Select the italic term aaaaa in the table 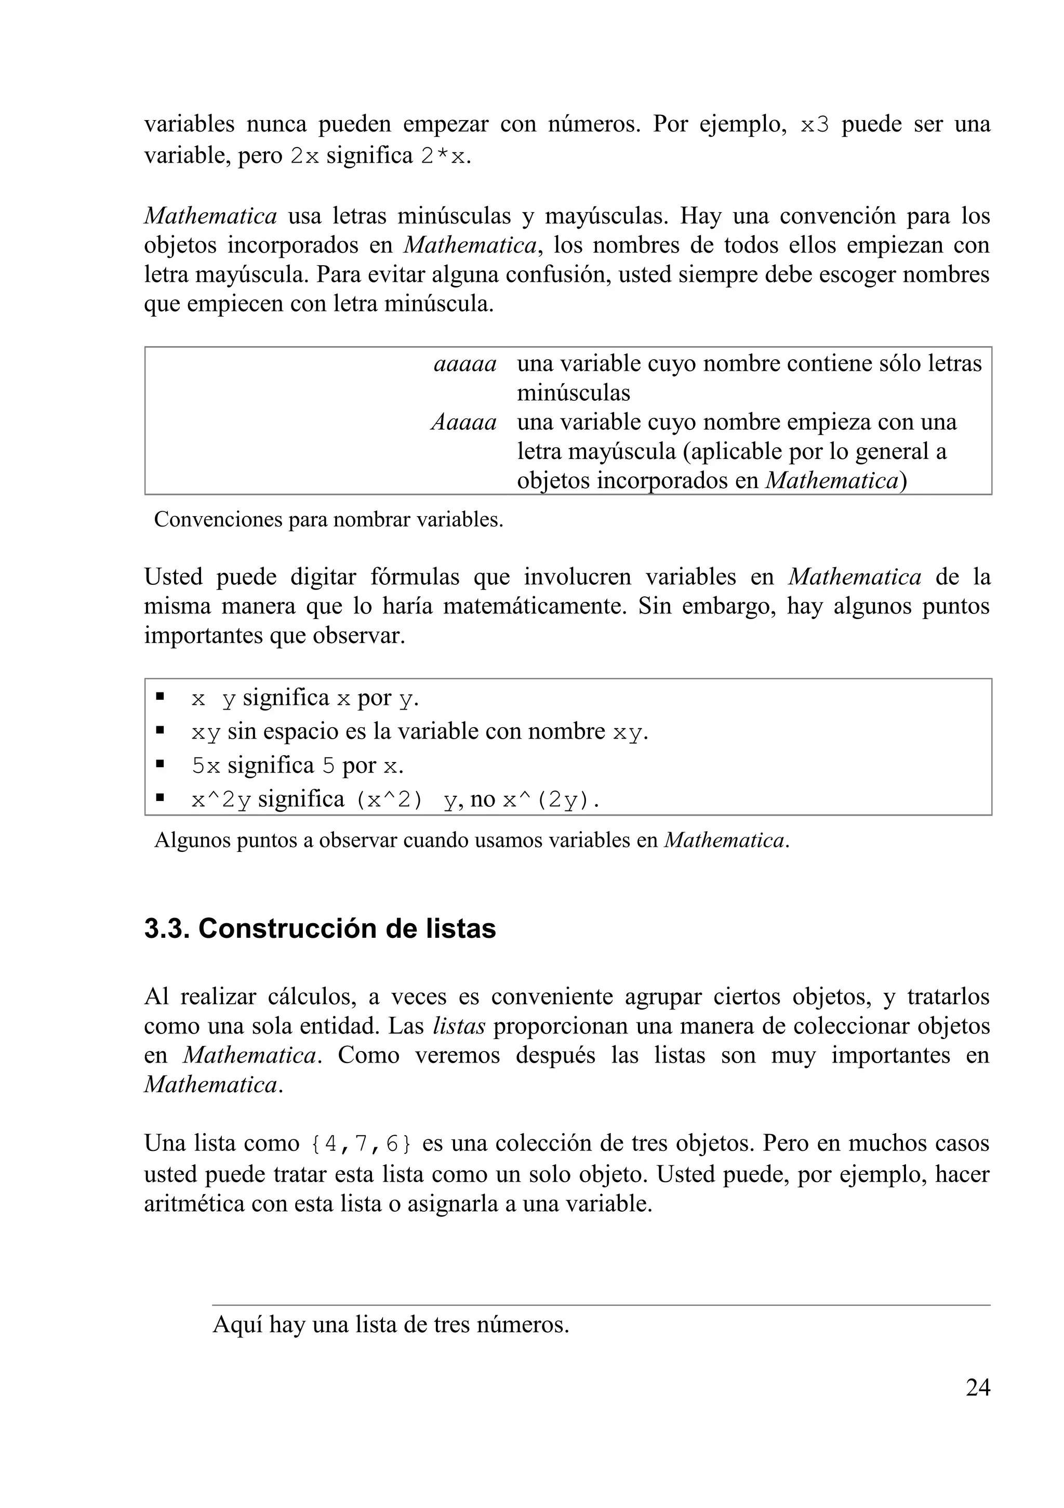(464, 363)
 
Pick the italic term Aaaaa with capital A (463, 422)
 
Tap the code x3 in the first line (815, 125)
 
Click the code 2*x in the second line (444, 156)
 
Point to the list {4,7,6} (361, 1144)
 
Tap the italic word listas (459, 1026)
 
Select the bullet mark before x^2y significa (159, 798)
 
